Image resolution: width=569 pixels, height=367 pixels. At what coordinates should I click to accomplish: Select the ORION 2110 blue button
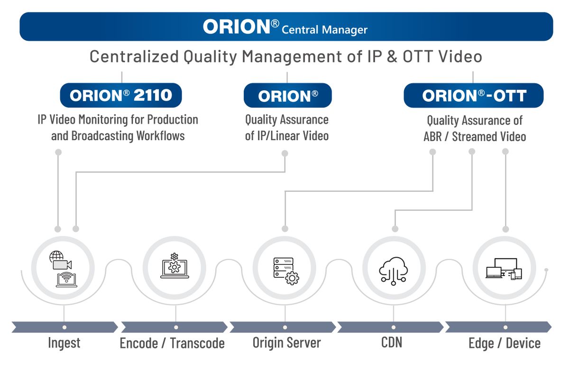pyautogui.click(x=121, y=96)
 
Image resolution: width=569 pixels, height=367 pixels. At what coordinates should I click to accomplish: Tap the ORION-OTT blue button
pyautogui.click(x=473, y=96)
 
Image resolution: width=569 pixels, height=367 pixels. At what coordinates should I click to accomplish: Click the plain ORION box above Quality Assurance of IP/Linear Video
pyautogui.click(x=287, y=96)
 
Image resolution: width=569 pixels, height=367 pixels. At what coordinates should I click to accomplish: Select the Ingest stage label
pyautogui.click(x=64, y=343)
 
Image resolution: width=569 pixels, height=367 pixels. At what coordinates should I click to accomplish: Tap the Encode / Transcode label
pyautogui.click(x=172, y=343)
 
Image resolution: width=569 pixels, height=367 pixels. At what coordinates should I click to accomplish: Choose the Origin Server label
pyautogui.click(x=286, y=343)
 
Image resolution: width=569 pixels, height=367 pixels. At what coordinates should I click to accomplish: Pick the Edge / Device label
pyautogui.click(x=504, y=343)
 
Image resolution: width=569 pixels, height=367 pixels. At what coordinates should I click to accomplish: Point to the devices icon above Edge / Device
pyautogui.click(x=504, y=269)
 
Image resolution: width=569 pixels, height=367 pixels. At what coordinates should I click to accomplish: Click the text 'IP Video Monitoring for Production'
pyautogui.click(x=118, y=119)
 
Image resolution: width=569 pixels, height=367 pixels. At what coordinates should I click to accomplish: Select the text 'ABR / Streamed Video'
pyautogui.click(x=475, y=137)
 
